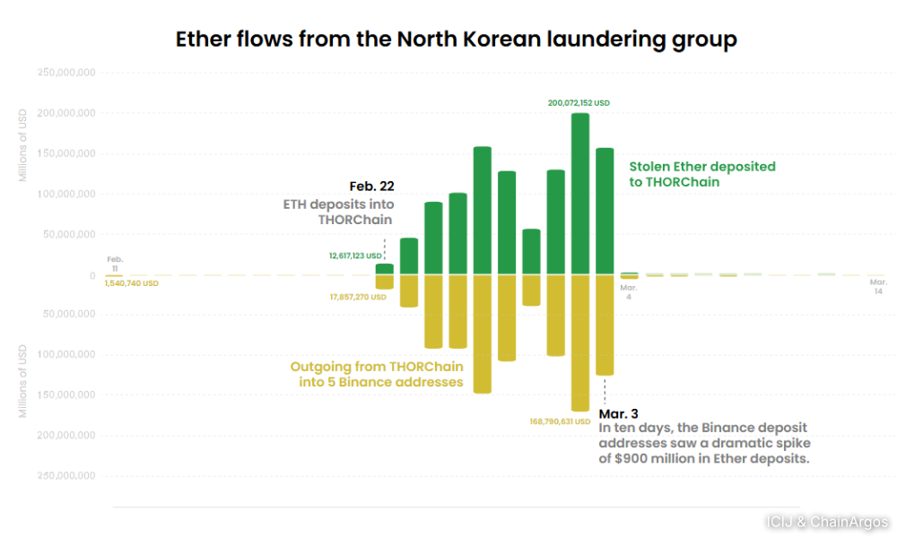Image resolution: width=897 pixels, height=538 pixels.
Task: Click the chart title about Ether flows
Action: (x=456, y=39)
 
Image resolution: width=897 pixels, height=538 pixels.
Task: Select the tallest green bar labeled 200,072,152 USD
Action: (x=580, y=193)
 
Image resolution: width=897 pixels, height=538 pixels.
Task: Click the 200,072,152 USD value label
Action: (x=579, y=103)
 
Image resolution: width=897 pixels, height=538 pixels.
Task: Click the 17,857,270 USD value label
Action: (x=358, y=297)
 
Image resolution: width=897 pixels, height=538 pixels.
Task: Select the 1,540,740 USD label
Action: (x=131, y=283)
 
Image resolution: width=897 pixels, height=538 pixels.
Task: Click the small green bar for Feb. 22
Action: (x=384, y=269)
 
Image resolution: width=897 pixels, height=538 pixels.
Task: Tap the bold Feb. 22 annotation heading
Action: (x=371, y=187)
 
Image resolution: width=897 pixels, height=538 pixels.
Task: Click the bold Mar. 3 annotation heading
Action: (x=619, y=414)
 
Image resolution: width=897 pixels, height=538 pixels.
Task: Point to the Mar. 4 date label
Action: (x=628, y=291)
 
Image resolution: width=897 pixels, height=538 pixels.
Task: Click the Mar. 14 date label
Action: (x=878, y=286)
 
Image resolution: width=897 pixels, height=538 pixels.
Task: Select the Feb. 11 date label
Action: (x=115, y=264)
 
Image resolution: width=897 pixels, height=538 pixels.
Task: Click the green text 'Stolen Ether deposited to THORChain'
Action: (x=701, y=174)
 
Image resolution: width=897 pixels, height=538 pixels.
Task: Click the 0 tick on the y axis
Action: (x=91, y=275)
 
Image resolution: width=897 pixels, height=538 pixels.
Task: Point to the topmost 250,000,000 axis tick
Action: (x=65, y=73)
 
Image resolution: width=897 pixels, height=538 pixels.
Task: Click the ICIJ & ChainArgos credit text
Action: (x=826, y=522)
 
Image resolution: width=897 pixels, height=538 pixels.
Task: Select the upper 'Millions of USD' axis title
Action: (x=22, y=145)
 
